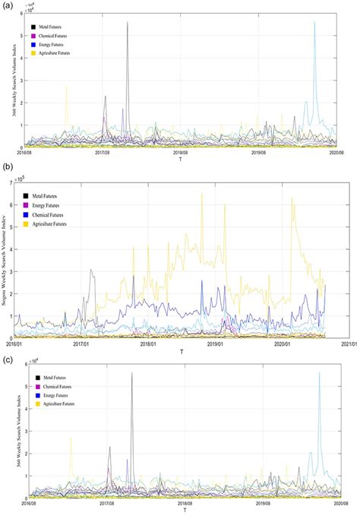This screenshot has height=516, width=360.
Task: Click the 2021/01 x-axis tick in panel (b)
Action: tap(348, 343)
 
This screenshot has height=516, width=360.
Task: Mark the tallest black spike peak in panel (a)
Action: tap(128, 22)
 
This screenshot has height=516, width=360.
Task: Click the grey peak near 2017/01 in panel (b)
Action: tap(91, 269)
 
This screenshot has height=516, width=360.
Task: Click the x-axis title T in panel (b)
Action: tap(182, 351)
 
